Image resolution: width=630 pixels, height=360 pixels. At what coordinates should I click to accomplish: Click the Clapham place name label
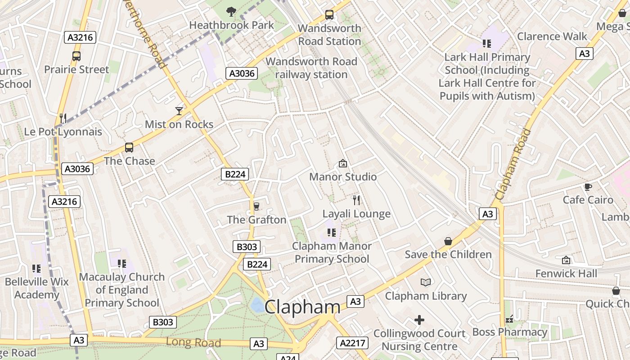click(x=302, y=307)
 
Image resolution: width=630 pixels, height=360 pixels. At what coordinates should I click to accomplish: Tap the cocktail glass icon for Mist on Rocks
click(x=179, y=111)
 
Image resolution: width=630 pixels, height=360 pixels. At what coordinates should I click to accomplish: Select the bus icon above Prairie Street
click(x=76, y=56)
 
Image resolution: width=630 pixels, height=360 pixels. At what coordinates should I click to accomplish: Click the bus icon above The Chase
click(x=129, y=148)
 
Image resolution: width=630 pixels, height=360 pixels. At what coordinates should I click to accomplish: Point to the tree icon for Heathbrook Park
click(x=231, y=11)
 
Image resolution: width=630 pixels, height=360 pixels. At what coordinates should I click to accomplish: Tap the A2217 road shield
click(x=352, y=343)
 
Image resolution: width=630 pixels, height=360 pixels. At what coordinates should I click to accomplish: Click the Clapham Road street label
click(x=513, y=164)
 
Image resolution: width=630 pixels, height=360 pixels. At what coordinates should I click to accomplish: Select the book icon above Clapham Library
click(x=426, y=282)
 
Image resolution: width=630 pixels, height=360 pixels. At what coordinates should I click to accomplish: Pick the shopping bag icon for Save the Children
click(x=448, y=241)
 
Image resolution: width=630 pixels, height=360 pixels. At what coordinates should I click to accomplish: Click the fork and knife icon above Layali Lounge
click(x=356, y=200)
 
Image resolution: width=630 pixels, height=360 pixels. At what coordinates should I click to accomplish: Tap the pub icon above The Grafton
click(x=256, y=206)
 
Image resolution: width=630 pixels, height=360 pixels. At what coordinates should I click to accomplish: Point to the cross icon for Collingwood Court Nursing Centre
click(x=419, y=320)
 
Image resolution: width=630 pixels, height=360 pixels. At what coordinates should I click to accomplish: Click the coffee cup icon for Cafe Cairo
click(x=588, y=187)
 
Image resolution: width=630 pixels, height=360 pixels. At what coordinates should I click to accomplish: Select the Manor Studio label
click(x=343, y=177)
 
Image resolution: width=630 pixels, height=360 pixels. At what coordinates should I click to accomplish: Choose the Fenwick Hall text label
click(x=566, y=274)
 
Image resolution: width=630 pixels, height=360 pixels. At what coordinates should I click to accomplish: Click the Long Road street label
click(x=193, y=342)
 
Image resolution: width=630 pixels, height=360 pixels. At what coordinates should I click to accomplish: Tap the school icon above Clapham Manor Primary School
click(x=332, y=233)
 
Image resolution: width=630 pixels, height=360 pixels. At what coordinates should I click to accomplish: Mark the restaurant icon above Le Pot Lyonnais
click(x=63, y=118)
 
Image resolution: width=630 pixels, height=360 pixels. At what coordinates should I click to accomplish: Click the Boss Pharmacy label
click(x=509, y=332)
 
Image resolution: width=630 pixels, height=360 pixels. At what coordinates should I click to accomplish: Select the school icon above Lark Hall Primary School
click(x=487, y=44)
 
